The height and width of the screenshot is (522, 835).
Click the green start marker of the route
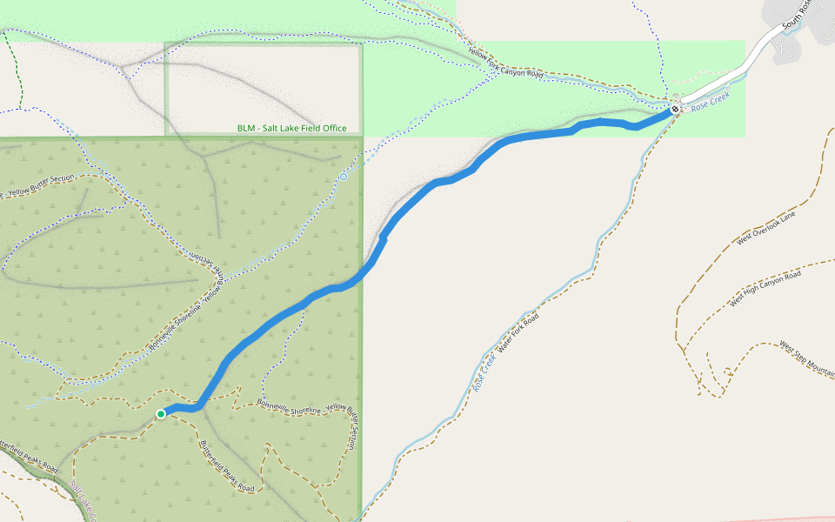tap(161, 414)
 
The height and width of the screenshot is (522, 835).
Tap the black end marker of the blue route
tap(674, 110)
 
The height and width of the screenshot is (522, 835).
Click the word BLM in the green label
tap(246, 129)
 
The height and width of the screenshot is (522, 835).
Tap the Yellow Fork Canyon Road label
tap(505, 64)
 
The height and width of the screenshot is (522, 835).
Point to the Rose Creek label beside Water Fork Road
tap(486, 371)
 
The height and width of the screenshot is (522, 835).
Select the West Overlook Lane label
tap(765, 228)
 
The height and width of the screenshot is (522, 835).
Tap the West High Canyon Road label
tap(765, 290)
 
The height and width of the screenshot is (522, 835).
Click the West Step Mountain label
tap(807, 358)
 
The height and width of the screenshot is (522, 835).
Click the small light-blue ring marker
tap(344, 177)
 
